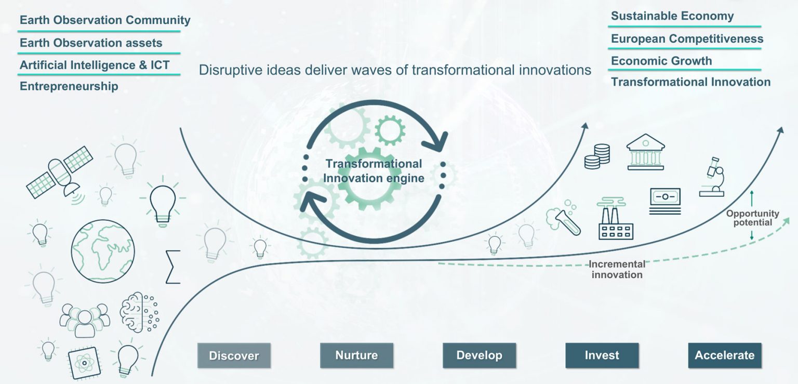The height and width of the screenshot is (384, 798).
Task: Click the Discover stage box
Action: pos(234,355)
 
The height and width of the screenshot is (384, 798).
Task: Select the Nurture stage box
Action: pos(356,355)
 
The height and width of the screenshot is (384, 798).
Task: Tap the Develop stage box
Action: pos(479,355)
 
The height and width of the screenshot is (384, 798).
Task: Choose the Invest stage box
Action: pos(602,355)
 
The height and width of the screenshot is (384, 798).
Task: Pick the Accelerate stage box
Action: pos(725,355)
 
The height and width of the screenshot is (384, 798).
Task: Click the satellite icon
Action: pos(60,173)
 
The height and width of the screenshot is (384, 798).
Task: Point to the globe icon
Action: pos(103,251)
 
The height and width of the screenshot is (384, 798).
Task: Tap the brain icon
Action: pos(139,312)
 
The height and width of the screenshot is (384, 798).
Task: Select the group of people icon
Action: pos(85,320)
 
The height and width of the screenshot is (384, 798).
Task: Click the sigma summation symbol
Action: pos(173,267)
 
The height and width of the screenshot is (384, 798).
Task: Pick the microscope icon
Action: pos(712,177)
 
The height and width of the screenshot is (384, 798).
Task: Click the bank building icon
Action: pos(646,152)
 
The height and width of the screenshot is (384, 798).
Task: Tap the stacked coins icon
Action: pos(597,156)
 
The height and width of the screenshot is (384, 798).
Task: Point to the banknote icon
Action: pos(665,201)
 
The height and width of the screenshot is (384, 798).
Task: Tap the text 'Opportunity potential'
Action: pos(752,218)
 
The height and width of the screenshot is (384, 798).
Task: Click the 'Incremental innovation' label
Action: pos(617,269)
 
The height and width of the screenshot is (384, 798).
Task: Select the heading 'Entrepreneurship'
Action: pos(69,86)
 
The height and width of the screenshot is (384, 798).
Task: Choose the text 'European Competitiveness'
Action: pos(687,38)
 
